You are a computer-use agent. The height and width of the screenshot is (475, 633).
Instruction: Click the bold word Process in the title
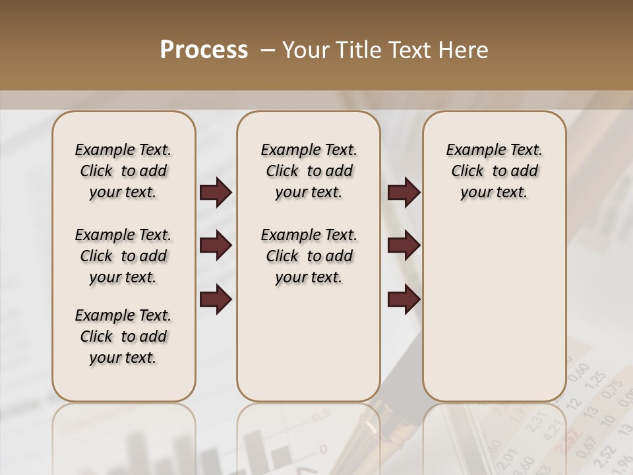204,50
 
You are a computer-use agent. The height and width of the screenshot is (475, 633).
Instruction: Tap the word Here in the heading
464,50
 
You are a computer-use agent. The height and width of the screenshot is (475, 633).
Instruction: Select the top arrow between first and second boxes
216,192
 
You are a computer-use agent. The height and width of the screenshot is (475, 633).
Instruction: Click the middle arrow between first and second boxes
216,246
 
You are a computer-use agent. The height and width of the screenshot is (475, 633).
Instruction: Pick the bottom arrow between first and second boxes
216,299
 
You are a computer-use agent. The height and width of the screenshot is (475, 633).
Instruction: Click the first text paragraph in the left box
123,171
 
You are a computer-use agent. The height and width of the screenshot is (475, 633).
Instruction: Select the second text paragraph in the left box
123,256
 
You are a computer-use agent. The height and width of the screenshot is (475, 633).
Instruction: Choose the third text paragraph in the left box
123,336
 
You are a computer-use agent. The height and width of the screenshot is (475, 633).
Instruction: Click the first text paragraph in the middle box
309,171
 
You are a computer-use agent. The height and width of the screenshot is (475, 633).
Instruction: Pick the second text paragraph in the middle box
309,256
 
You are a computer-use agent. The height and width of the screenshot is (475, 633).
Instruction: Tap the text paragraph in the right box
495,171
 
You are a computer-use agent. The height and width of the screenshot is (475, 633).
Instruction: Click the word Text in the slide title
409,50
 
